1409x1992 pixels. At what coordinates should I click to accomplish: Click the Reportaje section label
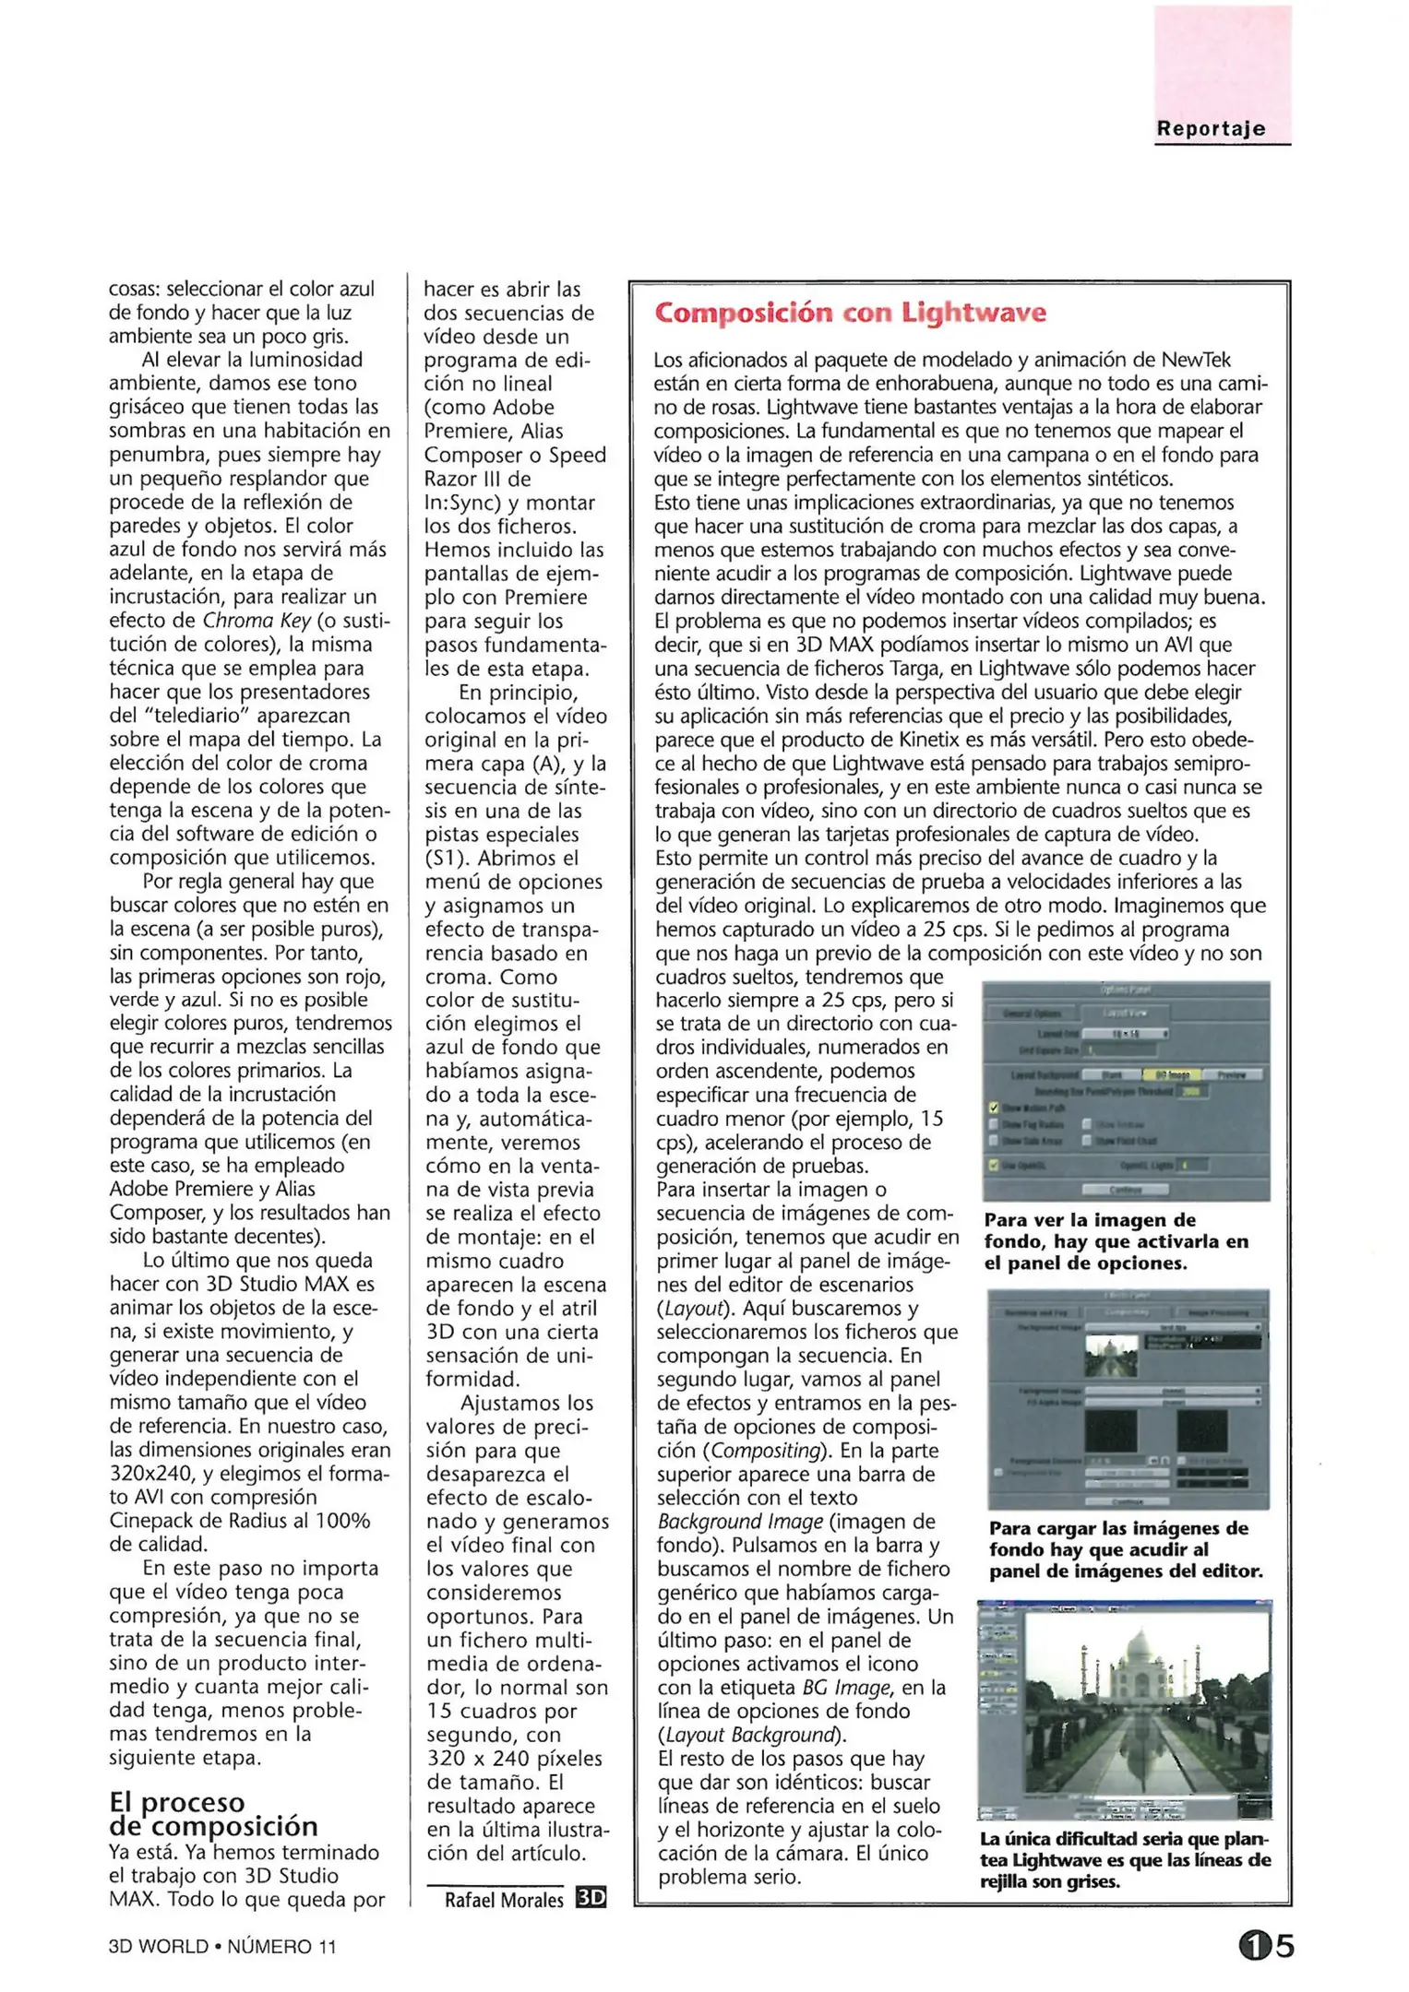(x=1210, y=129)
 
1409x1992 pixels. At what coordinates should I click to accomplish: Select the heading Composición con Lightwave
(x=850, y=314)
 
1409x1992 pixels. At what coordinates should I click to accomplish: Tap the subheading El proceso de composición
(x=213, y=1813)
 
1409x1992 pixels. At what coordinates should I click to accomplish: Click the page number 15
(x=1266, y=1946)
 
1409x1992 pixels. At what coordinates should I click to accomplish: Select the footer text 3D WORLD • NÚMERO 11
(x=222, y=1947)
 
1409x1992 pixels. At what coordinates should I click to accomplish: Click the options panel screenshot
(x=1125, y=1091)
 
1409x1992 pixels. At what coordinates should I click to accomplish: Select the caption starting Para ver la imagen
(x=1116, y=1241)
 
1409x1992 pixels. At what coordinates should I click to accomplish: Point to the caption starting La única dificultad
(x=1125, y=1860)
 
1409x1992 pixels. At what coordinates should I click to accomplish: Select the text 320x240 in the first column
(x=148, y=1474)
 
